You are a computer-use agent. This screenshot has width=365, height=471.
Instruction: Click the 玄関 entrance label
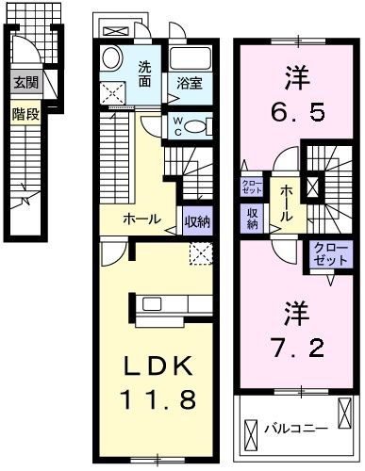pyautogui.click(x=25, y=84)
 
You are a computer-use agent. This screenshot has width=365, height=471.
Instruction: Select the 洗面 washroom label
pyautogui.click(x=145, y=73)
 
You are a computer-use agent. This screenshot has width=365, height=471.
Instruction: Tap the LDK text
pyautogui.click(x=157, y=365)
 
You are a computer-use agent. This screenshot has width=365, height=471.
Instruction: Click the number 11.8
pyautogui.click(x=157, y=399)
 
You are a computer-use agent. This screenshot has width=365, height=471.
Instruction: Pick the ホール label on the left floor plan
pyautogui.click(x=142, y=220)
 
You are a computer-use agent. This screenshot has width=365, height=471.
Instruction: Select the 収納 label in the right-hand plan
pyautogui.click(x=253, y=218)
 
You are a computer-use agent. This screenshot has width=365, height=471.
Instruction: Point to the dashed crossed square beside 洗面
pyautogui.click(x=115, y=91)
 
